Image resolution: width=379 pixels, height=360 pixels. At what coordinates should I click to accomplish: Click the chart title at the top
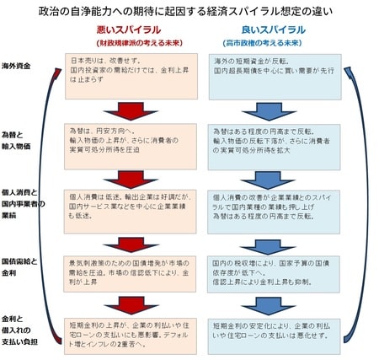[x=189, y=12]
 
